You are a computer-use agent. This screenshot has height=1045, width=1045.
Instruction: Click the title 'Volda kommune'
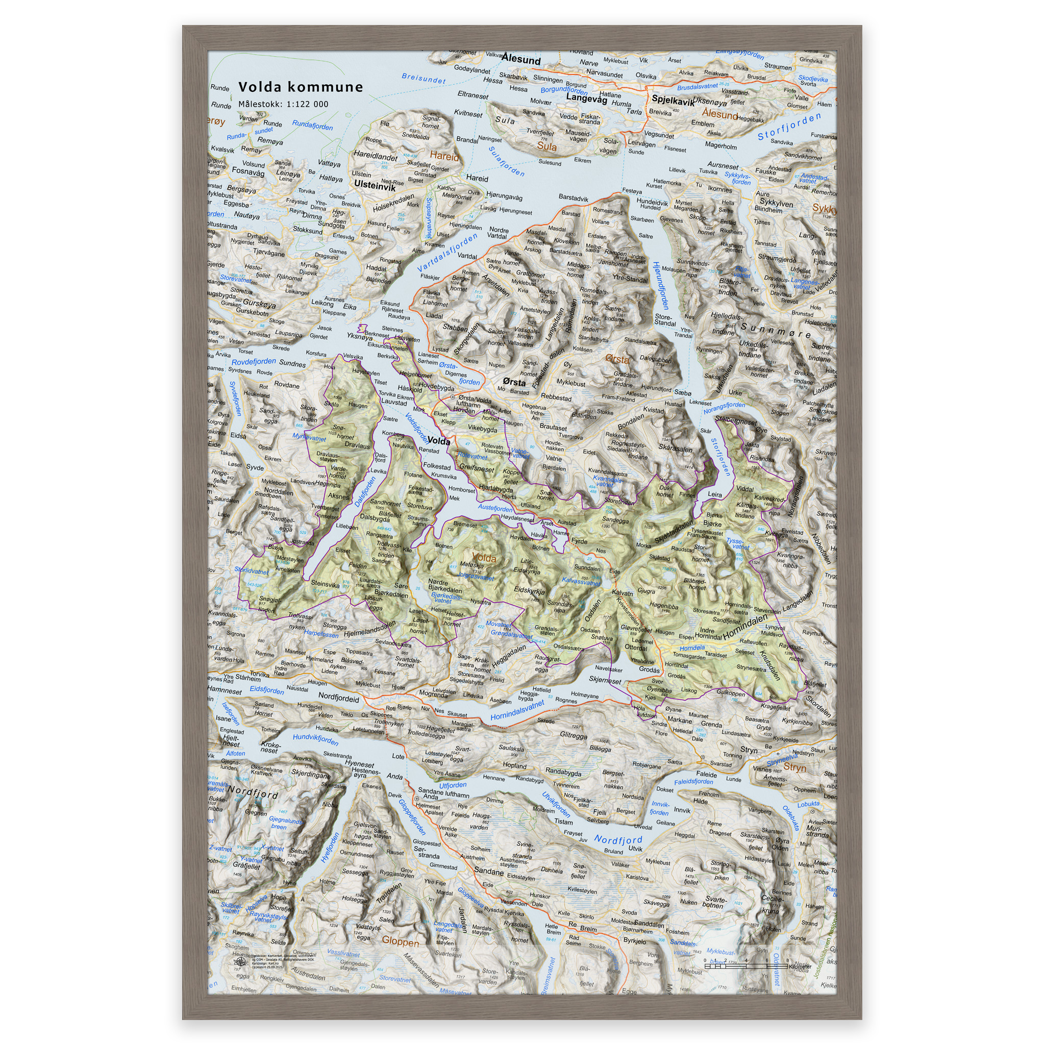(x=301, y=87)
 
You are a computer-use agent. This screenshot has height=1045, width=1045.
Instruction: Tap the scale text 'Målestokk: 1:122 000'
(x=283, y=105)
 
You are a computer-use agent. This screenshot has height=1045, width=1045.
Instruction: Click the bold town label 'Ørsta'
(x=513, y=382)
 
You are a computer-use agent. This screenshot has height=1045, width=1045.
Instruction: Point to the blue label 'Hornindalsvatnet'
(x=517, y=711)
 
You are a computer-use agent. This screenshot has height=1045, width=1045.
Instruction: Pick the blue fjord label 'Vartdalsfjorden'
(x=447, y=253)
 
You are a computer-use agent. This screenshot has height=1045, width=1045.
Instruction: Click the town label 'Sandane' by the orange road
(x=488, y=872)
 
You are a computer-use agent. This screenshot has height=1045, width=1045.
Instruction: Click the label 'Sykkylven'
(x=776, y=203)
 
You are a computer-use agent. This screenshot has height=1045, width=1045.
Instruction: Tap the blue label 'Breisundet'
(x=424, y=79)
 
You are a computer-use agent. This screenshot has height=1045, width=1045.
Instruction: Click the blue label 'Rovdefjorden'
(x=254, y=362)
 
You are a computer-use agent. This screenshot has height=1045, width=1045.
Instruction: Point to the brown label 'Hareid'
(x=444, y=156)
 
